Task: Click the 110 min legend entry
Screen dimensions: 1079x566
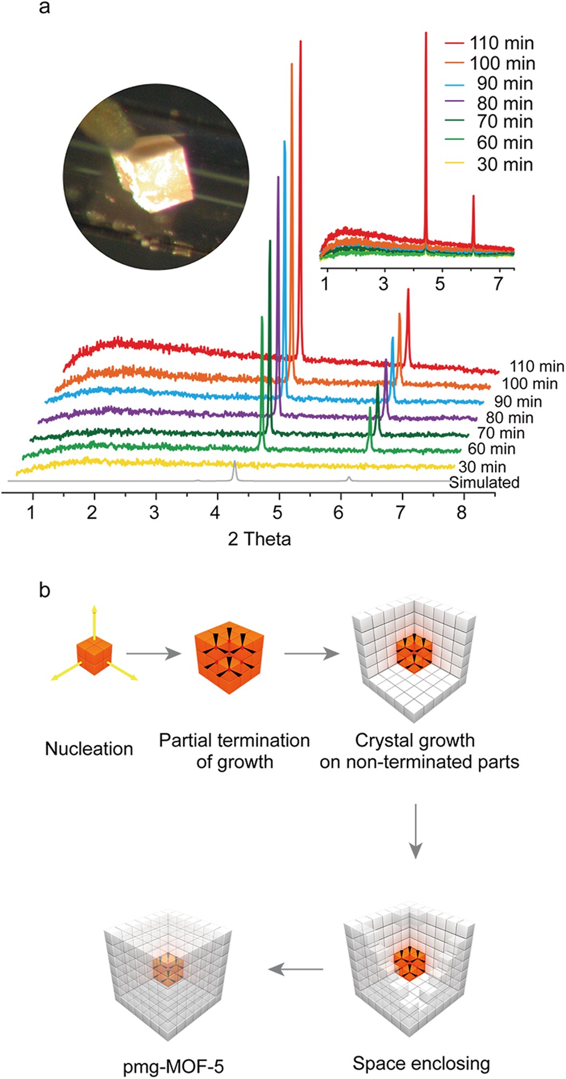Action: [x=489, y=43]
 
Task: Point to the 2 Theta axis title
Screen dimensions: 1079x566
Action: [x=259, y=539]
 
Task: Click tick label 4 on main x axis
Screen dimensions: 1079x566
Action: [x=216, y=512]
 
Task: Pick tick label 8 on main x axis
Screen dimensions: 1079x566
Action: [x=461, y=512]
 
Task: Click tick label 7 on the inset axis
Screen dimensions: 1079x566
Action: [x=498, y=284]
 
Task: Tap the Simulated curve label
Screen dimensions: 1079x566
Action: [x=484, y=482]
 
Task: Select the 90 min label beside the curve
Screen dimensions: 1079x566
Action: [x=517, y=402]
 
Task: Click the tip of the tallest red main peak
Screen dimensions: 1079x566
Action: [x=300, y=42]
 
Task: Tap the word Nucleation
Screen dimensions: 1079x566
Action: [x=89, y=748]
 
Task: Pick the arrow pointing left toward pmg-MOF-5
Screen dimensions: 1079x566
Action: [x=295, y=969]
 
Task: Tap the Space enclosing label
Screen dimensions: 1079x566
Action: [x=421, y=1064]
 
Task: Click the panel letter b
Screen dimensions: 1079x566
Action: [x=44, y=590]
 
